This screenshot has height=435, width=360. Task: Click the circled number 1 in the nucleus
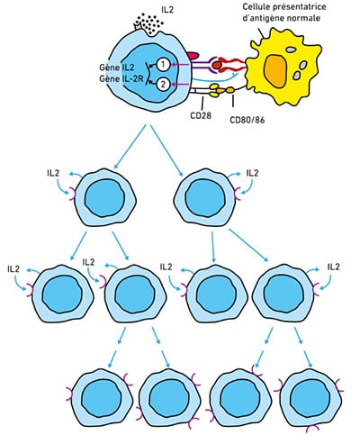(163, 64)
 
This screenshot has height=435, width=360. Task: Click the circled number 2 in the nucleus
(163, 84)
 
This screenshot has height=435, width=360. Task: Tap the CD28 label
(201, 115)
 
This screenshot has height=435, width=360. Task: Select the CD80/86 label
(247, 120)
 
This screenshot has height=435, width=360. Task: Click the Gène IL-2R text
(121, 79)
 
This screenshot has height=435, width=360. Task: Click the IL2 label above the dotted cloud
(167, 10)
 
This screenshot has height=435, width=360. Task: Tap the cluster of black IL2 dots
(148, 23)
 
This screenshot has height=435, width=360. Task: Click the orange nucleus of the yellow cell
(277, 71)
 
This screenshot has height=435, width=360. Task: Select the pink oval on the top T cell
(192, 56)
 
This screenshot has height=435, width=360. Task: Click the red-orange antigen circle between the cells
(217, 64)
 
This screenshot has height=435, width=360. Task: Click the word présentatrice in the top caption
(301, 7)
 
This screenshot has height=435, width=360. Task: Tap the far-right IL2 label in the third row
(333, 267)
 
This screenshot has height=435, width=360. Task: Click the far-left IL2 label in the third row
(13, 268)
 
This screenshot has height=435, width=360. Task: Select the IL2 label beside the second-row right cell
(252, 173)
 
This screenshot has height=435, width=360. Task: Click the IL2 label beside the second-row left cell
(53, 173)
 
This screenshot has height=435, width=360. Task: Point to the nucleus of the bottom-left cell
(102, 395)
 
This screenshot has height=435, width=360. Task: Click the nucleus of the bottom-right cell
(310, 396)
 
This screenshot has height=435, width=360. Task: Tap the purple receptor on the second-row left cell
(73, 194)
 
